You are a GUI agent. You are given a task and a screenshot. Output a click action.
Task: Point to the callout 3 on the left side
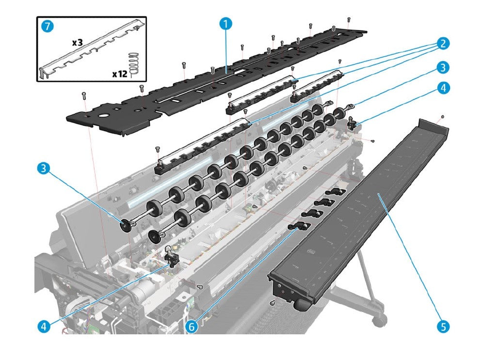pyautogui.click(x=44, y=169)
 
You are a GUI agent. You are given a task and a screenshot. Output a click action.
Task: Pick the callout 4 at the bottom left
pyautogui.click(x=44, y=327)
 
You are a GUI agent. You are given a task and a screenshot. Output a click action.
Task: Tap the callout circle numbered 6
pyautogui.click(x=193, y=327)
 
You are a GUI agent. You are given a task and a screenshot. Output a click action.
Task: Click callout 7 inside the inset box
pyautogui.click(x=47, y=27)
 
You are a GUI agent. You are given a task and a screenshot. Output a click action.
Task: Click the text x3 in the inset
pyautogui.click(x=78, y=43)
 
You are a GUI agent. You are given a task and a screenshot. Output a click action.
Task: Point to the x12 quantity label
pyautogui.click(x=120, y=74)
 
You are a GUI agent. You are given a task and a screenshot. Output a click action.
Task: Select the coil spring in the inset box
pyautogui.click(x=135, y=63)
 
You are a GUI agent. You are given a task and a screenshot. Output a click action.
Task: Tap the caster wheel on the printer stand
pyautogui.click(x=379, y=319)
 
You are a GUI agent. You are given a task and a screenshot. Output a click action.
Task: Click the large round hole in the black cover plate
pyautogui.click(x=102, y=116)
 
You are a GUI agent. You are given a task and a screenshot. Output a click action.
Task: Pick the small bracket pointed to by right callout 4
pyautogui.click(x=353, y=125)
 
